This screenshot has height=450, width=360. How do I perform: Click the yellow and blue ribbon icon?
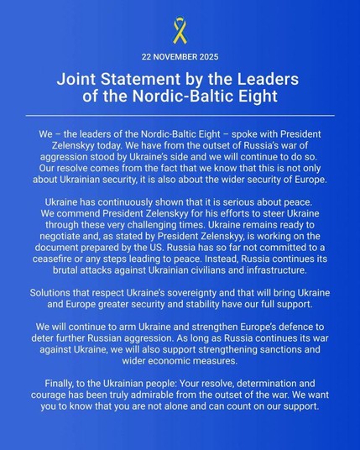[x=179, y=32]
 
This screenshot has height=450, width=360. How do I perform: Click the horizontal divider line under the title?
[x=180, y=114]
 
